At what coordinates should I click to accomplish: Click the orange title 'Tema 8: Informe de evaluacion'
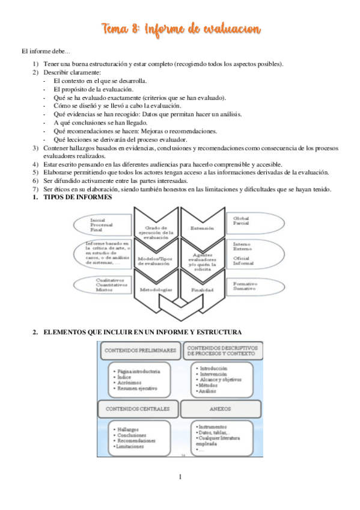tap(181, 29)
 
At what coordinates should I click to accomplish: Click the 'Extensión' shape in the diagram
tap(201, 229)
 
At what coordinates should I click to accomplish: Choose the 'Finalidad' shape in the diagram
tap(202, 289)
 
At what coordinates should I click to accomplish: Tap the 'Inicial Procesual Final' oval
tap(108, 224)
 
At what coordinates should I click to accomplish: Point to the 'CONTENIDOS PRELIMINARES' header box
tap(141, 350)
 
